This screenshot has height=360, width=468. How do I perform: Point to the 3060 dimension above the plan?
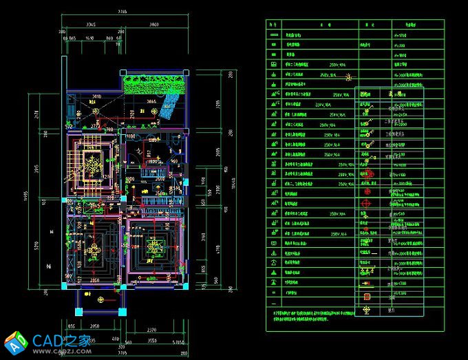[x=154, y=25]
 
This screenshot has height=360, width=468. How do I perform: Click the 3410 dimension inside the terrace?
[x=97, y=97]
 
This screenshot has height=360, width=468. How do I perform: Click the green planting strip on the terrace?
[x=155, y=83]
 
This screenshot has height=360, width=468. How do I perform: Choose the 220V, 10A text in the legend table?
[x=323, y=105]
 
